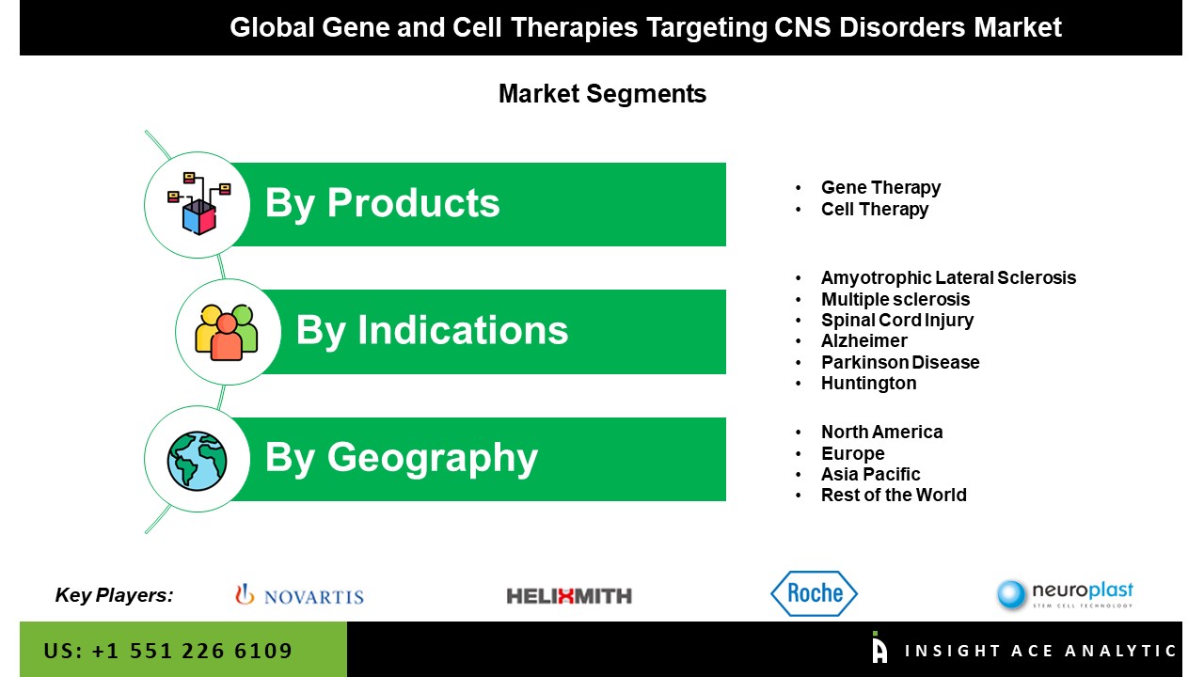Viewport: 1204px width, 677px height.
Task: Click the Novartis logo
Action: click(299, 595)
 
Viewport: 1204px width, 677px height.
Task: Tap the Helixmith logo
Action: click(569, 596)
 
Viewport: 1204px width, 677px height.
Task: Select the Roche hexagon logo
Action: click(815, 593)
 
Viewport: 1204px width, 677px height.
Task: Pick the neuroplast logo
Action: click(1065, 595)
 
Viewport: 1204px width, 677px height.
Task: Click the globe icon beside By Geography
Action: click(197, 461)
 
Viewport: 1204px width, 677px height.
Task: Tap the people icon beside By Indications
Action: click(227, 333)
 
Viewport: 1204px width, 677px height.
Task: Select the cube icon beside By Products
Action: click(198, 204)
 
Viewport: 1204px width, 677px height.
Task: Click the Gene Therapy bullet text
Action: click(881, 187)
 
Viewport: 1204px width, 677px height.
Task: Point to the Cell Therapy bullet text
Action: click(875, 209)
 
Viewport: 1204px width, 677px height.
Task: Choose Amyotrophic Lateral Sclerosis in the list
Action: click(949, 277)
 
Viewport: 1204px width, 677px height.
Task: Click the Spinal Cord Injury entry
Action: click(897, 321)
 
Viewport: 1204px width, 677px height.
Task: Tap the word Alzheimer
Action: click(864, 340)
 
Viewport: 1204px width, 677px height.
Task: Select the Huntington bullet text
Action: click(868, 384)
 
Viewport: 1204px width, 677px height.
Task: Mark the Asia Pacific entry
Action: click(871, 475)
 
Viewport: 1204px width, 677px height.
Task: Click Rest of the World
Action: click(894, 495)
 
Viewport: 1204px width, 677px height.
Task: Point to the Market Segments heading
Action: click(602, 94)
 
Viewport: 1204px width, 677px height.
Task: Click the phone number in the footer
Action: click(167, 651)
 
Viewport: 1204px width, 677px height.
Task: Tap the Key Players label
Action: click(114, 595)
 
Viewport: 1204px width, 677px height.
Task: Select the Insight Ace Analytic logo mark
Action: click(879, 648)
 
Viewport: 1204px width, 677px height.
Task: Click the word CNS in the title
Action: click(802, 27)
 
